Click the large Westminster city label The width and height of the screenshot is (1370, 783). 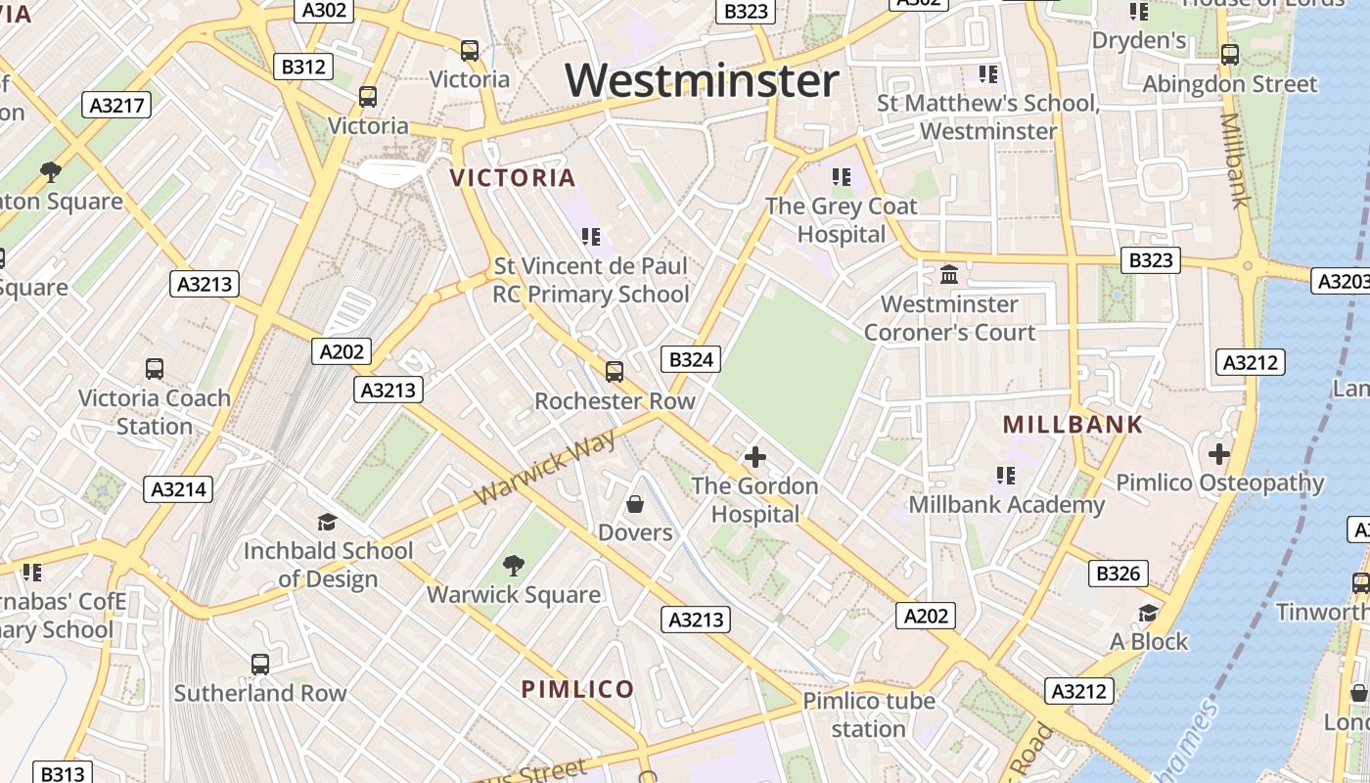702,80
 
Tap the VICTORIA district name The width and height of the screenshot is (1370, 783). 512,178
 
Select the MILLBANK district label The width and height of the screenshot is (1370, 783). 1073,425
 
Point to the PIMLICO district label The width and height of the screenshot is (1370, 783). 577,689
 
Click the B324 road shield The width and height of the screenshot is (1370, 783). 691,359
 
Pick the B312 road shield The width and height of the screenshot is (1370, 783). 303,67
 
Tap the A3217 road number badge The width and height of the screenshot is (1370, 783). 118,106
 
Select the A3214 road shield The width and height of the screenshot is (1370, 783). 178,489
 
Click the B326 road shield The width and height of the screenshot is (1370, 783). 1119,574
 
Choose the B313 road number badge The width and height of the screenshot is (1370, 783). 64,773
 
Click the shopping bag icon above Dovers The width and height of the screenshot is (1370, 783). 635,504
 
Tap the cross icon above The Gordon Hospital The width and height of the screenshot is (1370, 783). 754,457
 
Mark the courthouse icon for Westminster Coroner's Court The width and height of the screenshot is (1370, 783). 948,275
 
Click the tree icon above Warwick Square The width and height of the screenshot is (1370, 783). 513,566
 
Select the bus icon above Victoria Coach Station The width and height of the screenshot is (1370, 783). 155,369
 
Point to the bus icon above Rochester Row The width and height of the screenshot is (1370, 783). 615,372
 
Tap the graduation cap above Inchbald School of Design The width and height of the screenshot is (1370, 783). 327,523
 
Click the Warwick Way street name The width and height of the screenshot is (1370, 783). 545,468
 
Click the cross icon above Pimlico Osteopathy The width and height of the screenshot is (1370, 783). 1219,454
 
